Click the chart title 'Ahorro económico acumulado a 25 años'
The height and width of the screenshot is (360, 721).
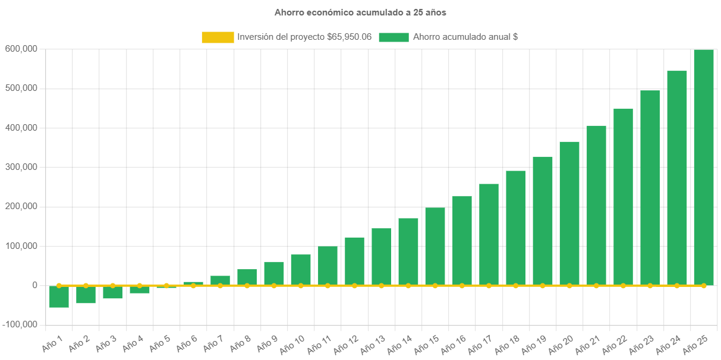click(x=360, y=12)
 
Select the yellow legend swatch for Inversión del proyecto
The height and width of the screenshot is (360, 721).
click(x=218, y=37)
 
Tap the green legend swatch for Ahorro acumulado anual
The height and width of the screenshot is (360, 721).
click(x=393, y=37)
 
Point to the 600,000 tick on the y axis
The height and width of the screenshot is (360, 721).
click(x=21, y=49)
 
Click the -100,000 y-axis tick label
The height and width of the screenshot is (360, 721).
click(x=20, y=324)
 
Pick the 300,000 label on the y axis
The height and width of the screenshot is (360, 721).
click(x=21, y=167)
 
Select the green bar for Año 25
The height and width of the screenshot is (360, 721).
click(x=704, y=166)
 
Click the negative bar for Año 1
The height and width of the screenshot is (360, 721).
click(x=59, y=296)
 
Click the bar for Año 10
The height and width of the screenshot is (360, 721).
click(x=301, y=270)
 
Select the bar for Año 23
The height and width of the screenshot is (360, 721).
click(x=650, y=187)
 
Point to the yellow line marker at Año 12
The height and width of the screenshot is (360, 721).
click(x=354, y=286)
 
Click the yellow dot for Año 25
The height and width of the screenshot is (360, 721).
click(x=704, y=286)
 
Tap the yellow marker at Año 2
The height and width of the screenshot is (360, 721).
click(x=86, y=286)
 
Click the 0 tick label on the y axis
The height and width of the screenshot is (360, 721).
click(x=35, y=285)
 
